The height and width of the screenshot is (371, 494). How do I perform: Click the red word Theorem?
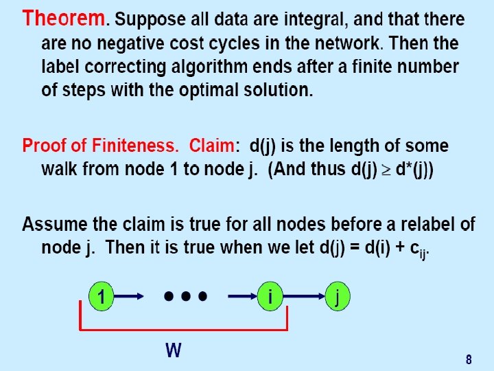[x=64, y=19]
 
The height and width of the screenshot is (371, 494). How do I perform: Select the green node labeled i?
[x=272, y=297]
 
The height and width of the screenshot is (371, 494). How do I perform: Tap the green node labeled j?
[x=337, y=297]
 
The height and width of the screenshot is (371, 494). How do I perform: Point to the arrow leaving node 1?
[x=130, y=297]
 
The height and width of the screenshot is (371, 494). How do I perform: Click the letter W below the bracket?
[x=174, y=351]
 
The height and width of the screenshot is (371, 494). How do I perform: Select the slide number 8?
[x=469, y=359]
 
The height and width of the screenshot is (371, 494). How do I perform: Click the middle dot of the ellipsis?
[x=185, y=297]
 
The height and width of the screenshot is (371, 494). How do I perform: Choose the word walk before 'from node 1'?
[x=65, y=169]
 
